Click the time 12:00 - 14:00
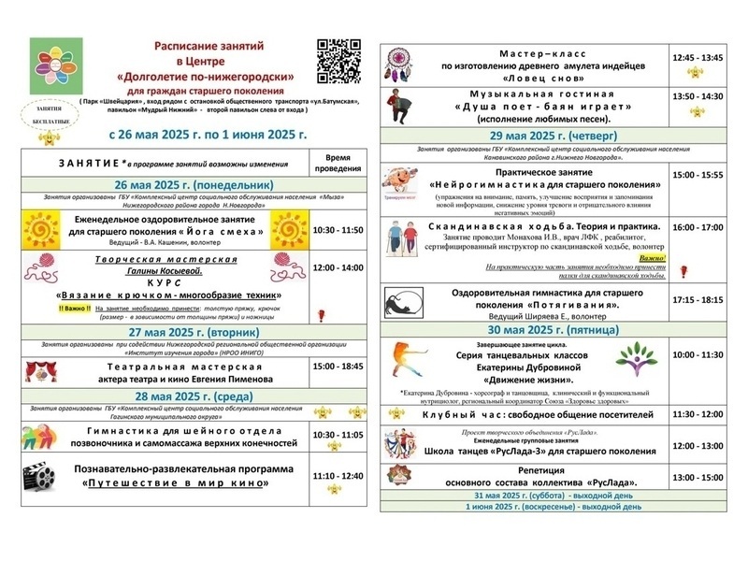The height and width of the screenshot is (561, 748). pyautogui.click(x=336, y=267)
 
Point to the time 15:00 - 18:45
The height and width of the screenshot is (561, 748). pyautogui.click(x=336, y=367)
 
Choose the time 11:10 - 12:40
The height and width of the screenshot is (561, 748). pyautogui.click(x=336, y=477)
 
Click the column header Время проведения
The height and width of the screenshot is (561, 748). pyautogui.click(x=336, y=161)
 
